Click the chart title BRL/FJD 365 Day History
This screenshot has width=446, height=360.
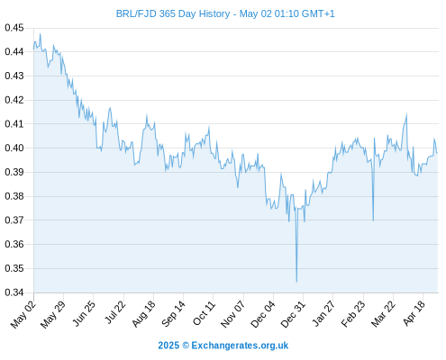click(x=173, y=13)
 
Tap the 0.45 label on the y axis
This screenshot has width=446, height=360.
click(x=14, y=28)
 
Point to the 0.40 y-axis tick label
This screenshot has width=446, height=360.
click(x=14, y=148)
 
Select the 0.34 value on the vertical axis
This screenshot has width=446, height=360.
click(x=14, y=292)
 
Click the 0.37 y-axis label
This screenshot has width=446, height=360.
click(x=14, y=220)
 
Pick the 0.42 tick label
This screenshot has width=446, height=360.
click(x=14, y=100)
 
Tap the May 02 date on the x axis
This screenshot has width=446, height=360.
click(x=23, y=314)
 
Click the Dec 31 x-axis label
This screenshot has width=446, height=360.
click(x=293, y=314)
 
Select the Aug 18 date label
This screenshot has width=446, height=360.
click(x=144, y=314)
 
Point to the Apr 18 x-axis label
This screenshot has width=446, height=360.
click(x=414, y=313)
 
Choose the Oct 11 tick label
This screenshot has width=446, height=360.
click(x=205, y=313)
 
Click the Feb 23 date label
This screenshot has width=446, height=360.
click(x=353, y=314)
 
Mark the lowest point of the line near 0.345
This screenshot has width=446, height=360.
click(x=296, y=282)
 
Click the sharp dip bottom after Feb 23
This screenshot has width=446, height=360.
click(x=373, y=220)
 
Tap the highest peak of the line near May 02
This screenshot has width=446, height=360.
click(x=41, y=34)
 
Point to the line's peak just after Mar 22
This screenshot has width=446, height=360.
click(x=406, y=114)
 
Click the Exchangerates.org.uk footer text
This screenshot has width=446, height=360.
click(x=240, y=346)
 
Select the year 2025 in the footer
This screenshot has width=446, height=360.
click(x=168, y=346)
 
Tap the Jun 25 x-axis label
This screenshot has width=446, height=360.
click(x=84, y=314)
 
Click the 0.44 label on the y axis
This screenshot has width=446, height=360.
click(x=14, y=52)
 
